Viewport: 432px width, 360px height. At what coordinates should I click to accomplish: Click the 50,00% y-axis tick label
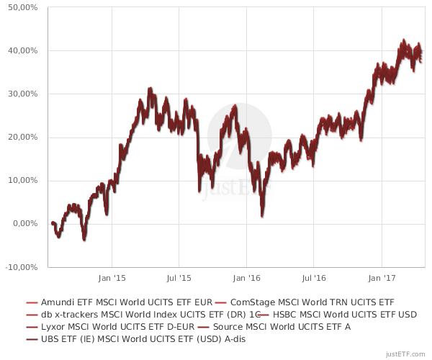22,7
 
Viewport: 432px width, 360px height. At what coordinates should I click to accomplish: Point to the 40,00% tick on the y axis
22,50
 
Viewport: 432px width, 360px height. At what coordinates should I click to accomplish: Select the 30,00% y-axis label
22,94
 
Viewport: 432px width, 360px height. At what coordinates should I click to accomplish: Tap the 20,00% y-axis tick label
22,137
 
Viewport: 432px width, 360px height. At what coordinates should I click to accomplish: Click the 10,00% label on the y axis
22,180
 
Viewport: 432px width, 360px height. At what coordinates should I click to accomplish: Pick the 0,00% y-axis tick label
24,223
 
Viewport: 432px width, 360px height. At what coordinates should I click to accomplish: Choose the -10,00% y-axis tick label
21,266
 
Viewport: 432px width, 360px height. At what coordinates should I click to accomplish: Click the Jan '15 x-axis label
112,276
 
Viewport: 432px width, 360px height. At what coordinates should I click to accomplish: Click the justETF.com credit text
406,354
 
